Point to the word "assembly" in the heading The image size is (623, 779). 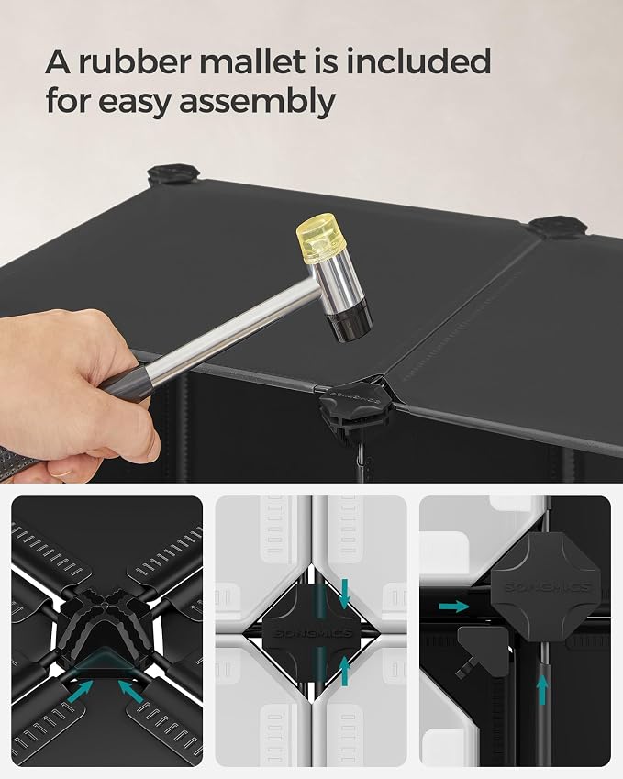point(258,103)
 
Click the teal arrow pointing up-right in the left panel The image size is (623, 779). point(81,691)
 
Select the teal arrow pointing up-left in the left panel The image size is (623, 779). point(131,691)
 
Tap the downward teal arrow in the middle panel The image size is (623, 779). point(344,595)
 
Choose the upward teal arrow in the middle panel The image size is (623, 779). point(344,672)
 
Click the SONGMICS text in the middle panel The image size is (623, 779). point(313,633)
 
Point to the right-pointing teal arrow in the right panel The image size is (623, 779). point(454,607)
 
